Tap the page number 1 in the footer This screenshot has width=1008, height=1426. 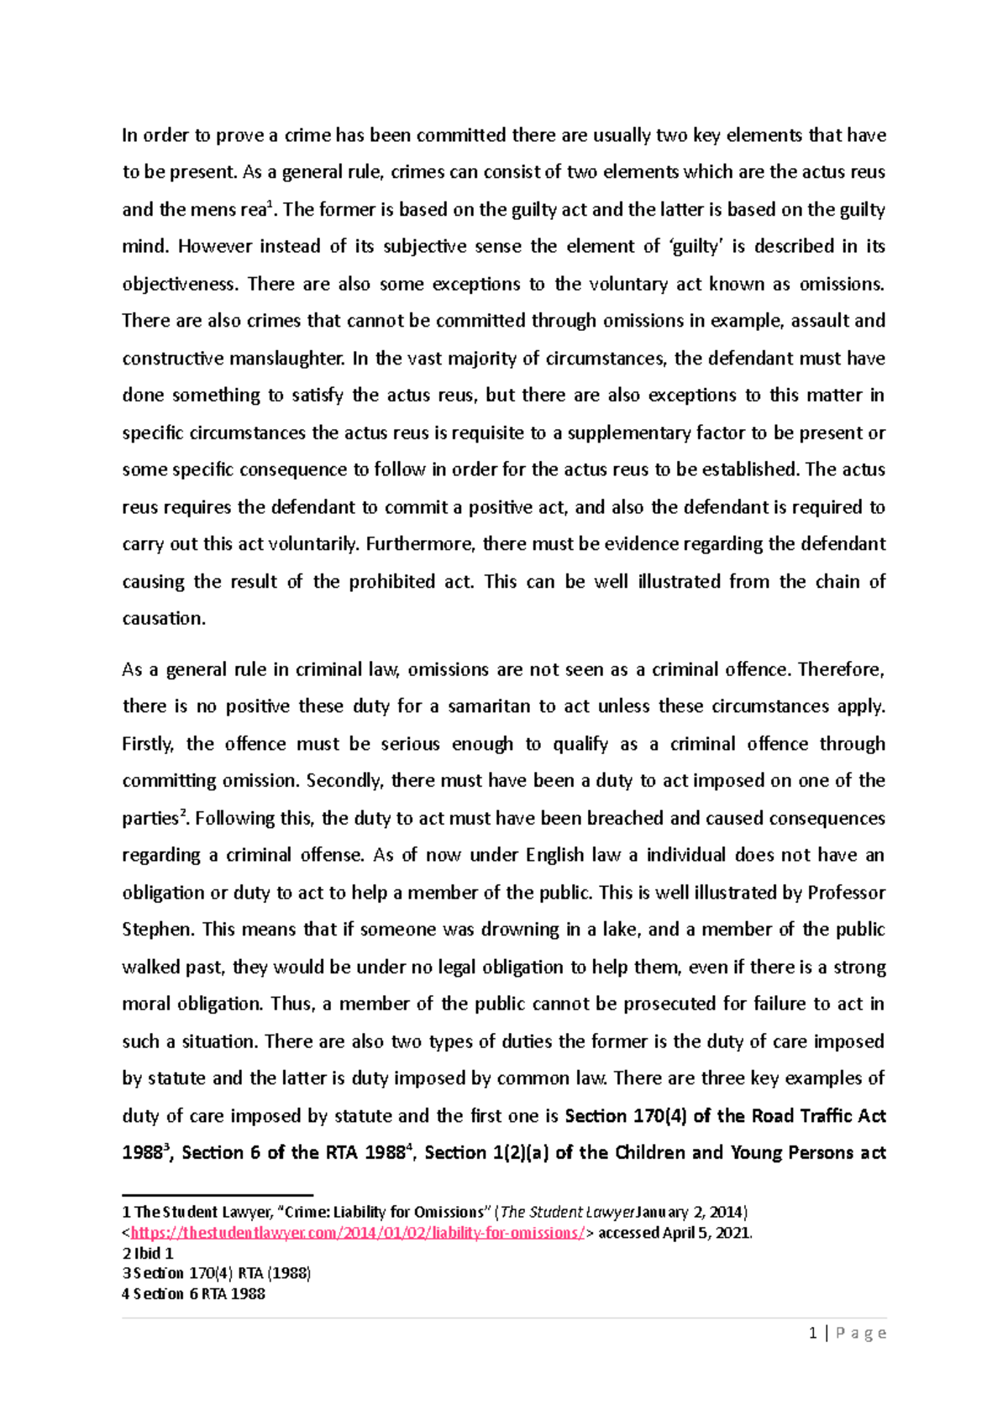[x=812, y=1333]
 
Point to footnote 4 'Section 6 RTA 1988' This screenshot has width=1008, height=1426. [x=194, y=1293]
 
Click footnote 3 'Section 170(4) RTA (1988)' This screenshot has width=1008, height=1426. [x=217, y=1273]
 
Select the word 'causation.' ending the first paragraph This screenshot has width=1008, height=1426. [x=164, y=619]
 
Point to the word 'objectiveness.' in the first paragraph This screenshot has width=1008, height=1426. [x=178, y=284]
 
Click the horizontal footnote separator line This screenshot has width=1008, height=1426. [x=217, y=1194]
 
